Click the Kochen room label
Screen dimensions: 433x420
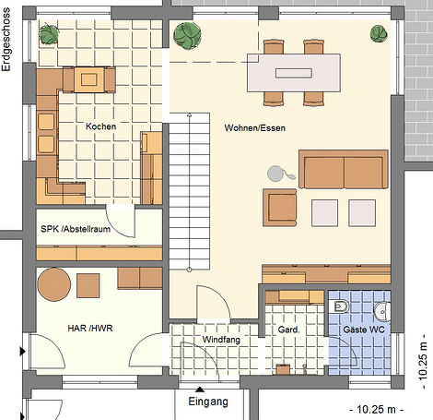tap(100, 126)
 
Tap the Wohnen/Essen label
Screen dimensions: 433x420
tap(255, 127)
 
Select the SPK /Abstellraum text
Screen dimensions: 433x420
tap(76, 229)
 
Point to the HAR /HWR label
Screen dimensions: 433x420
tap(90, 329)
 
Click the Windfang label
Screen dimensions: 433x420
tap(221, 340)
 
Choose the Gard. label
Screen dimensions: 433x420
tap(288, 330)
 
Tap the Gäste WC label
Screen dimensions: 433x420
tap(364, 330)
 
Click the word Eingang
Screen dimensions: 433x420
tap(208, 402)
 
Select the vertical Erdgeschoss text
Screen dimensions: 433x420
tap(6, 40)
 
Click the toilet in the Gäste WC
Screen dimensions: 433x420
tap(340, 306)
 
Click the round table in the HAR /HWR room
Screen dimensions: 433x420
tap(54, 284)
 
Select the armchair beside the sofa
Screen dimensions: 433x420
tap(280, 208)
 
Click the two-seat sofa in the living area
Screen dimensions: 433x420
tap(344, 169)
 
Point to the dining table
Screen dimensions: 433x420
tap(294, 73)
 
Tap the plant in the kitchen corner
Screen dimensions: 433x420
tap(49, 33)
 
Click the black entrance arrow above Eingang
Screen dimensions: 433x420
tap(200, 390)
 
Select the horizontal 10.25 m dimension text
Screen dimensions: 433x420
tap(376, 410)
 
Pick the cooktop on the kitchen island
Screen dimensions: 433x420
tap(89, 80)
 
